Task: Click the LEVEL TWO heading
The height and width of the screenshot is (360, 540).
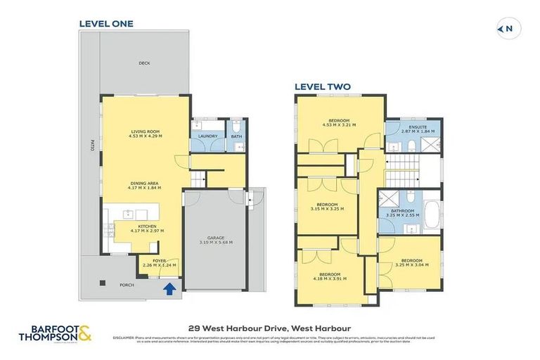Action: tap(322, 87)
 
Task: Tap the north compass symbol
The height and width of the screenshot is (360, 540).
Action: tap(505, 29)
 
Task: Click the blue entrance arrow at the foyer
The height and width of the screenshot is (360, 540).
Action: tap(168, 288)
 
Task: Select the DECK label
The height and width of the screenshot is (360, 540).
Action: tap(144, 63)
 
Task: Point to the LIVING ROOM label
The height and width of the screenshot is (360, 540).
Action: tap(146, 131)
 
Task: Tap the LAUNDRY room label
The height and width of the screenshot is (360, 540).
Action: tap(207, 136)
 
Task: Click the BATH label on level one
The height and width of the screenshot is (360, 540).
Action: tap(237, 136)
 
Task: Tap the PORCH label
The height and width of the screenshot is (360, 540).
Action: tap(127, 285)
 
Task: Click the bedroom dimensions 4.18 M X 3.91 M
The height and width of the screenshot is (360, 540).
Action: tap(330, 279)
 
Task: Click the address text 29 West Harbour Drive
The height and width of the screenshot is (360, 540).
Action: tap(270, 328)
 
